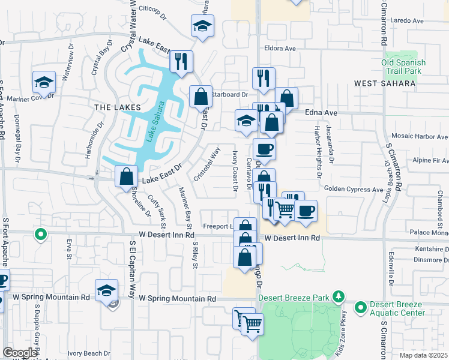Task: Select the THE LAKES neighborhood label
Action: point(117,107)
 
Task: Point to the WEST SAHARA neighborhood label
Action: point(385,83)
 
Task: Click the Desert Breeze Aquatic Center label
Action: point(396,308)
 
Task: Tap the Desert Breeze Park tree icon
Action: point(339,296)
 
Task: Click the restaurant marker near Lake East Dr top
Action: point(180,61)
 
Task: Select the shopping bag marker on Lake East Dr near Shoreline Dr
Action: point(127,177)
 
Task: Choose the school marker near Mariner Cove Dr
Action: point(43,82)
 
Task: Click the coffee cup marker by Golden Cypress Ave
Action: point(306,211)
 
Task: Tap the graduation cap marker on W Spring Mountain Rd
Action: point(106,290)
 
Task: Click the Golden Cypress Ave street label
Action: point(353,190)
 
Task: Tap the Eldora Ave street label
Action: point(280,48)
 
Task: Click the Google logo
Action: point(20,353)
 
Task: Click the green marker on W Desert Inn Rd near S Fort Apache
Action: point(40,235)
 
